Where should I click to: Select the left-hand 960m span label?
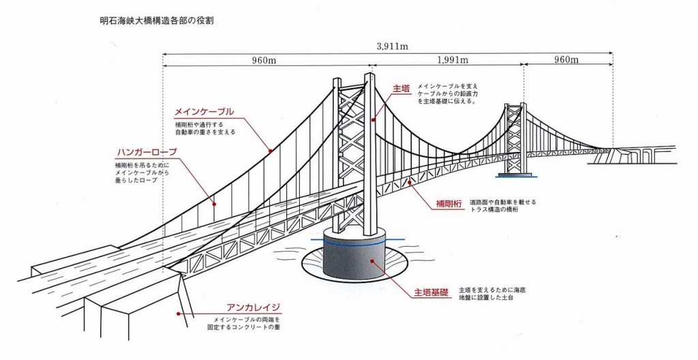pyautogui.click(x=263, y=60)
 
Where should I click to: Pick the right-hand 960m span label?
pyautogui.click(x=566, y=60)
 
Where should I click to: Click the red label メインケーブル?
pyautogui.click(x=204, y=111)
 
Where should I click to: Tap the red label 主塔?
pyautogui.click(x=401, y=89)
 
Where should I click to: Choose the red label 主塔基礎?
pyautogui.click(x=431, y=292)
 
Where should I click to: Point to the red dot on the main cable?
pyautogui.click(x=271, y=151)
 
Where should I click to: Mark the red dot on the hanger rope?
pyautogui.click(x=213, y=203)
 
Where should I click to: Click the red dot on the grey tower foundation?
pyautogui.click(x=371, y=260)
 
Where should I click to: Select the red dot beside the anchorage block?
pyautogui.click(x=178, y=314)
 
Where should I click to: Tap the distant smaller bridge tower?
pyautogui.click(x=515, y=140)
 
